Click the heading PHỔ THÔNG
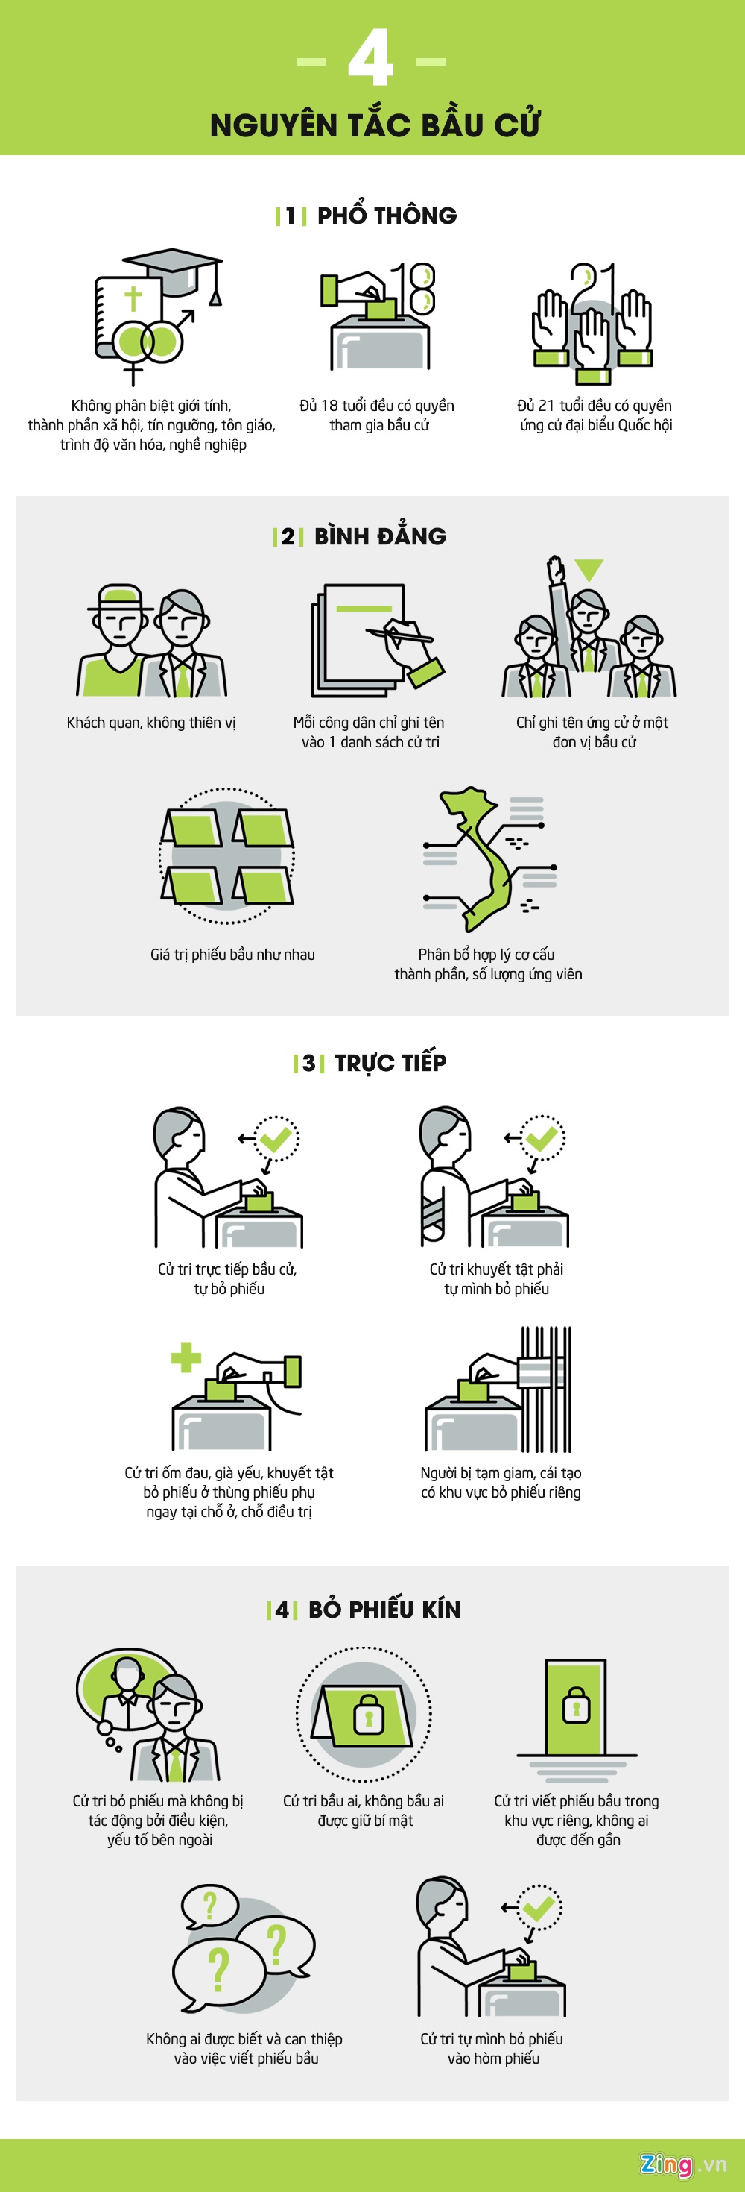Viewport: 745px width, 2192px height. (x=387, y=215)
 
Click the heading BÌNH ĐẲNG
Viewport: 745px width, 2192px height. (x=380, y=536)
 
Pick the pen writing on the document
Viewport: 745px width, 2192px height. (x=400, y=635)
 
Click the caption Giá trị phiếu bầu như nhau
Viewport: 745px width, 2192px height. (x=233, y=955)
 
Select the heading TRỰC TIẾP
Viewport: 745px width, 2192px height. (x=390, y=1062)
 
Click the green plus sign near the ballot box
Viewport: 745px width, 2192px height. (x=186, y=1357)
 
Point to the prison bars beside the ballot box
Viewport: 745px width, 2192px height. (x=546, y=1389)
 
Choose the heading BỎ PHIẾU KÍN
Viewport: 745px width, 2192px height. (x=384, y=1609)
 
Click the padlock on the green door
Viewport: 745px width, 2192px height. (x=576, y=1703)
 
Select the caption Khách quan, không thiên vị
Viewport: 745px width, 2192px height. (x=151, y=723)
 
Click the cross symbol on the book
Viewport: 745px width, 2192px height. (x=133, y=298)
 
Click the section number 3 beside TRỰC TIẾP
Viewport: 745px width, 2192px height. (x=308, y=1063)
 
